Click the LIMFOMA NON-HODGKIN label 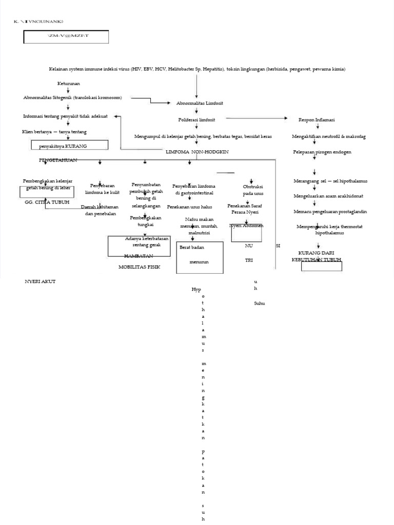coord(196,152)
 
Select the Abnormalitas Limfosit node coord(200,103)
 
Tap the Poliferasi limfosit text coord(196,119)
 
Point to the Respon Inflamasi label coord(317,119)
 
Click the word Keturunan coord(68,83)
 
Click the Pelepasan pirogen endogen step coord(315,152)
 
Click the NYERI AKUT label coord(40,281)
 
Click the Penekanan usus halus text coord(189,207)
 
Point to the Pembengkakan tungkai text coord(145,221)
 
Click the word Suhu coord(260,304)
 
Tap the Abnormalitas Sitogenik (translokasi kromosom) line coord(75,97)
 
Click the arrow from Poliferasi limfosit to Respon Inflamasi coord(257,118)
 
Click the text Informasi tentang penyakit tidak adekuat coord(65,116)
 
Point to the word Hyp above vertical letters coord(196,290)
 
